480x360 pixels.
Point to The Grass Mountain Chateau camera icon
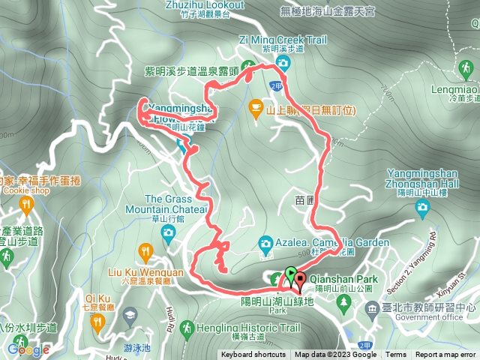tap(168, 232)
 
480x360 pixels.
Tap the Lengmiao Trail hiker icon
tap(466, 70)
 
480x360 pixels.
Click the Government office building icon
tap(373, 307)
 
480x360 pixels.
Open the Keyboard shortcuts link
tap(253, 355)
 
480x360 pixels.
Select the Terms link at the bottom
tap(396, 355)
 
